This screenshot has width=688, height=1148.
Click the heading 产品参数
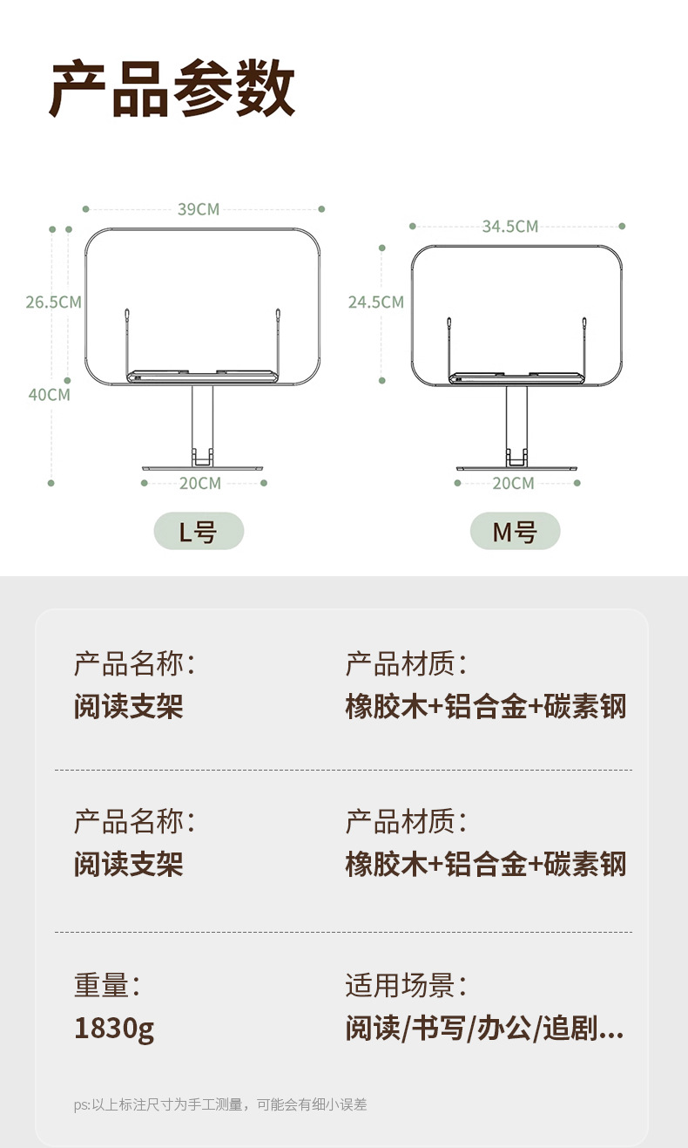click(x=172, y=91)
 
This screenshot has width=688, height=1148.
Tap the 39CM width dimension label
click(x=199, y=209)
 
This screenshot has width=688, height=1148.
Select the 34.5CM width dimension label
click(x=510, y=227)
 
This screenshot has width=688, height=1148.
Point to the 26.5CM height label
click(x=53, y=302)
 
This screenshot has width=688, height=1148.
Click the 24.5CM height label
click(x=376, y=302)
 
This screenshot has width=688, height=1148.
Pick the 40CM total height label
click(x=50, y=394)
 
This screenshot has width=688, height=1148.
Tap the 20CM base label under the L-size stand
click(x=200, y=483)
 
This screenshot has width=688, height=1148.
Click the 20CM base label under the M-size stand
click(x=513, y=483)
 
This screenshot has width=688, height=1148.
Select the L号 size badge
click(x=199, y=531)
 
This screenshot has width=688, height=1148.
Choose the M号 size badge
click(x=515, y=531)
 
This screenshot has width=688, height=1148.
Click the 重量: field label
click(x=107, y=986)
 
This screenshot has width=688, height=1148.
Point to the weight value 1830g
click(x=114, y=1029)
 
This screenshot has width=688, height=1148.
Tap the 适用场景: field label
click(x=406, y=986)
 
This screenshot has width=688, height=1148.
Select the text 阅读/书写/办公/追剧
click(x=484, y=1029)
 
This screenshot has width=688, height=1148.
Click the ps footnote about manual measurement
click(x=220, y=1104)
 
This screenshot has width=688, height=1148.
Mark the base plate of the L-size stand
click(x=202, y=468)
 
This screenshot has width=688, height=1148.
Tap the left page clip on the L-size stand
click(x=127, y=336)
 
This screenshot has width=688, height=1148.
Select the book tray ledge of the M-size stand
click(x=516, y=379)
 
